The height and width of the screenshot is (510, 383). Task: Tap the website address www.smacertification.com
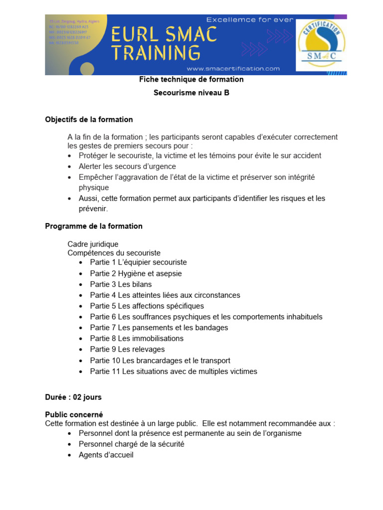[233, 69]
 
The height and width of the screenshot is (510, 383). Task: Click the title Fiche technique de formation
[191, 80]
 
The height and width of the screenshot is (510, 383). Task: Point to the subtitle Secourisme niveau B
[191, 93]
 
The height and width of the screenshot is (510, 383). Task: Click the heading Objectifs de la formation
[89, 120]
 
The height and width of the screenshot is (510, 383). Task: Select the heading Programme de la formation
[94, 226]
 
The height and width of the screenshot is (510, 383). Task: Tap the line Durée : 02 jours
[73, 397]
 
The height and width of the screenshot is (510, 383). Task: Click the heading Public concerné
[74, 414]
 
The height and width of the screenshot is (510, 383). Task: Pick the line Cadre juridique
[93, 244]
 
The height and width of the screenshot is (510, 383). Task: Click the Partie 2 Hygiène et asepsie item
[136, 273]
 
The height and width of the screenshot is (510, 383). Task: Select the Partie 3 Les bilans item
[121, 284]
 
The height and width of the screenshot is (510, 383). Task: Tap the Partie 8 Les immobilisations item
[137, 339]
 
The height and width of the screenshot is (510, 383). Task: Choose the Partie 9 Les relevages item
[127, 350]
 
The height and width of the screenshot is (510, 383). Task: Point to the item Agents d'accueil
[106, 455]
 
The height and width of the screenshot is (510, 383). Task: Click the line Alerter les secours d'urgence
[127, 166]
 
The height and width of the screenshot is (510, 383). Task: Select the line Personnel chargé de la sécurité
[132, 444]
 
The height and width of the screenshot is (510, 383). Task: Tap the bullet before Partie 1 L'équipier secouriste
[81, 262]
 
